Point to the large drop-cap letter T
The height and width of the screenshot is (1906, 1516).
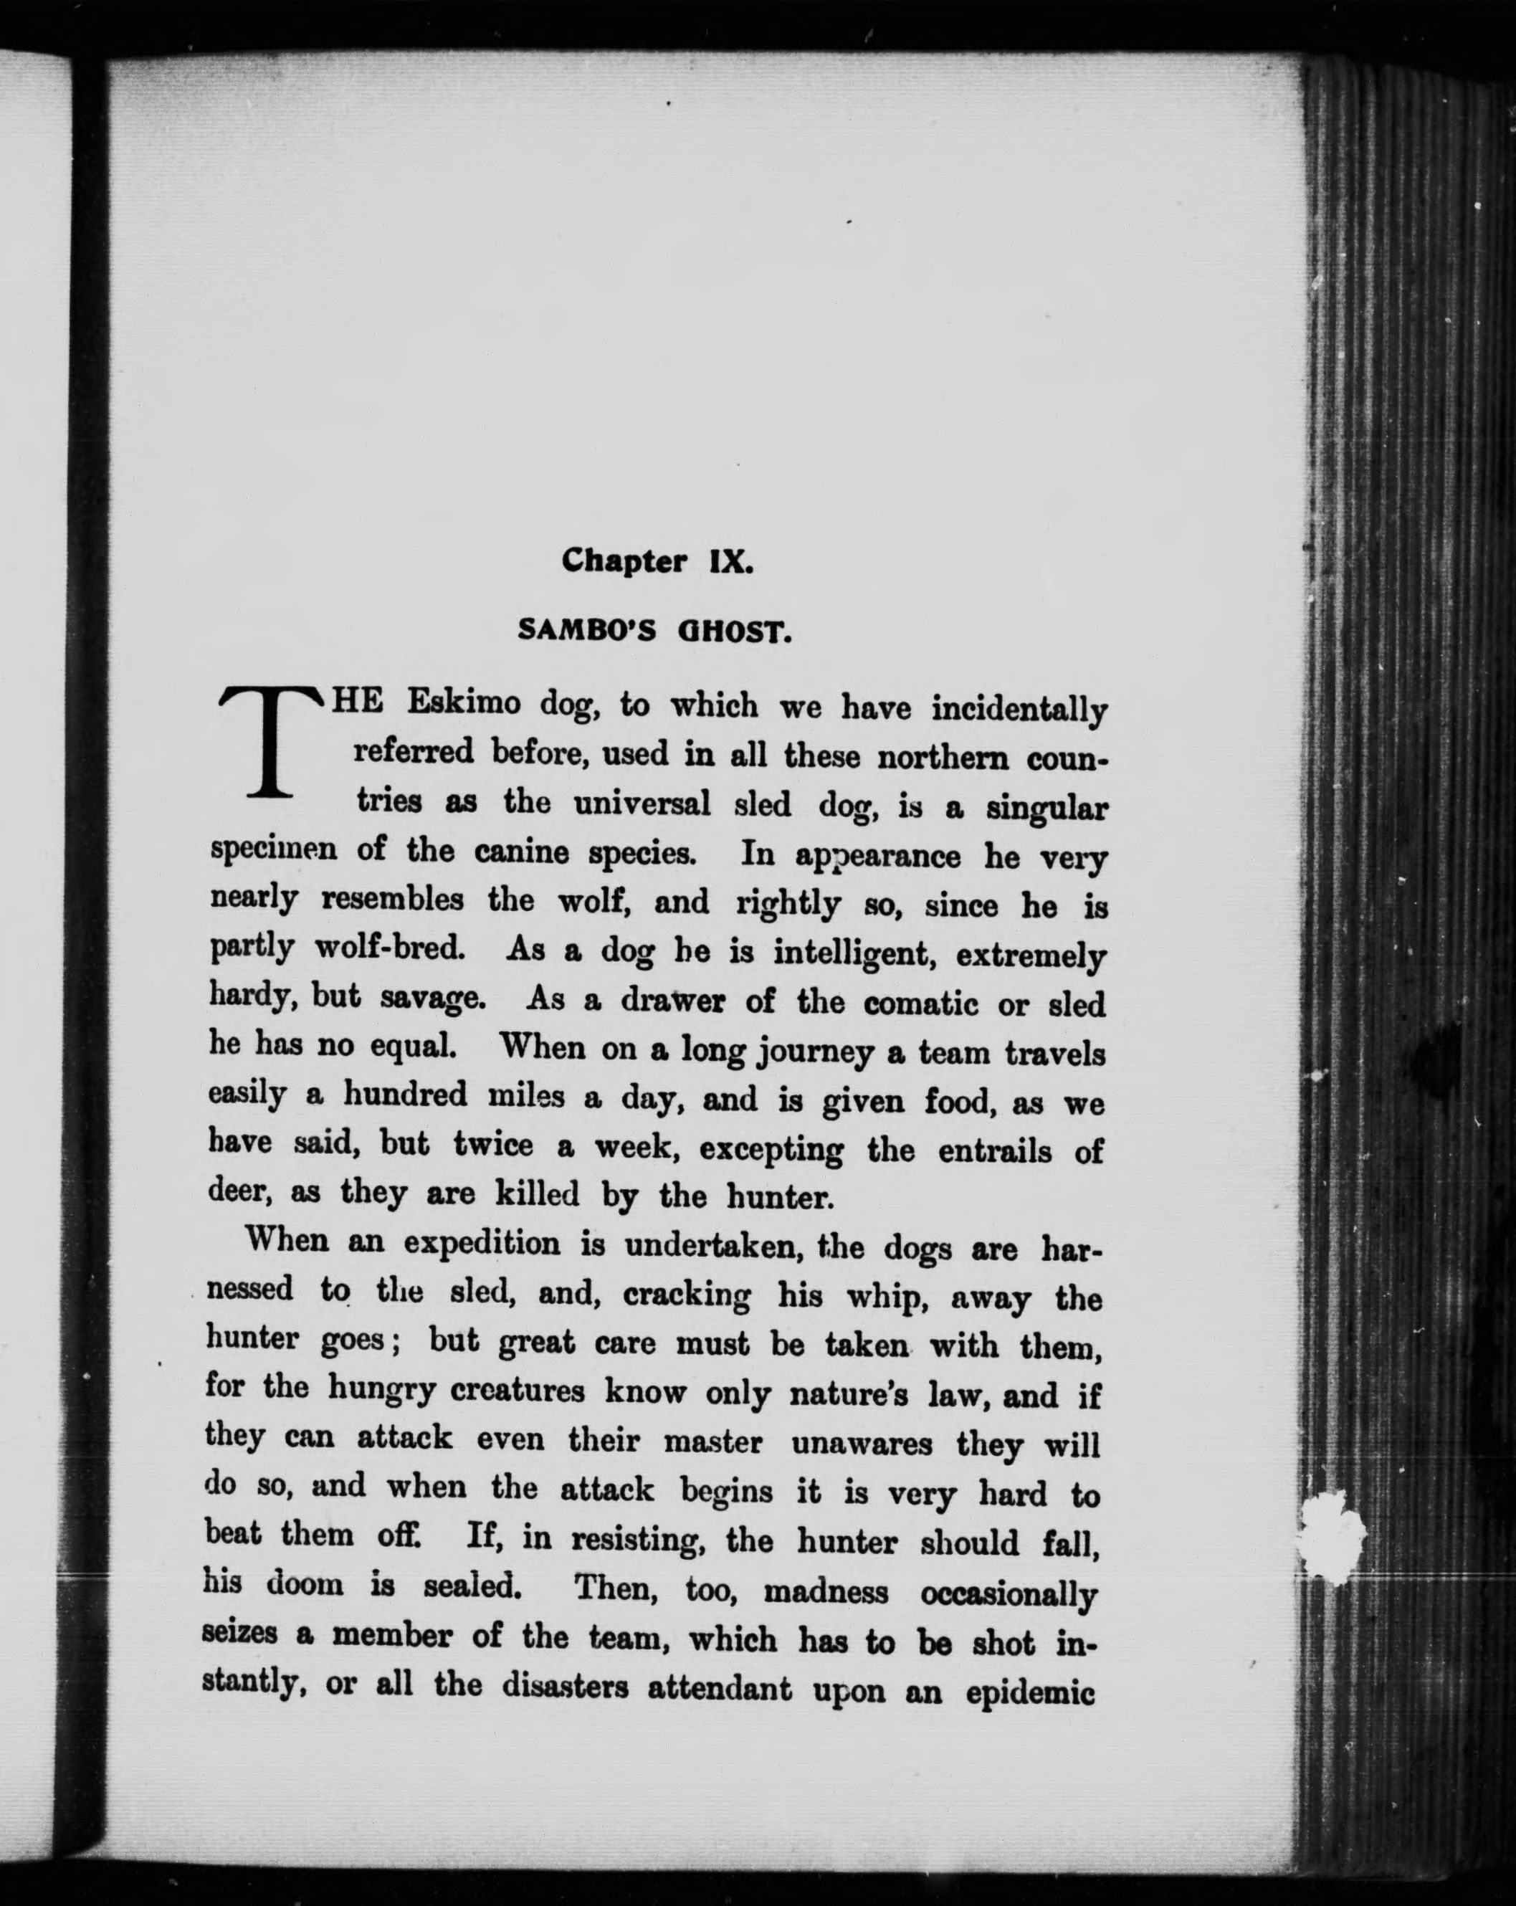[272, 743]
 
